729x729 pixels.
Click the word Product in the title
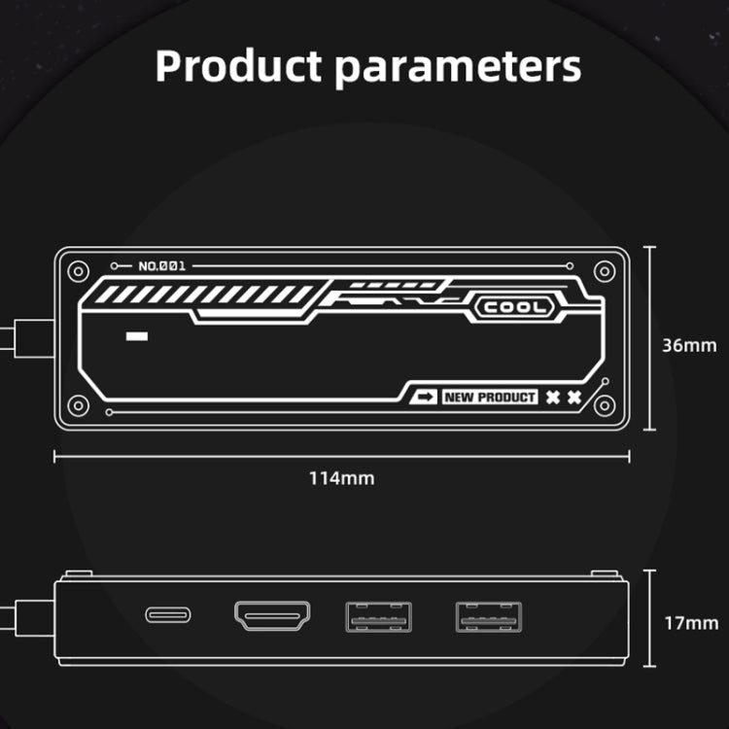click(238, 65)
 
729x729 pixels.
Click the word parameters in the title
click(458, 70)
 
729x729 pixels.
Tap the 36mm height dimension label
click(689, 345)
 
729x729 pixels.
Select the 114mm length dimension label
click(342, 478)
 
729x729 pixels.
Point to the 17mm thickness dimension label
click(691, 623)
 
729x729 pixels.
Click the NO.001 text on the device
click(161, 266)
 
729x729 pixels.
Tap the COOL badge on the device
click(514, 307)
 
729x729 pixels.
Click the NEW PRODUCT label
click(490, 397)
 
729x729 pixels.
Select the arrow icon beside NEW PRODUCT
click(424, 397)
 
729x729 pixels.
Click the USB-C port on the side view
click(168, 615)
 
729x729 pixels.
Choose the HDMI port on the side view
click(272, 615)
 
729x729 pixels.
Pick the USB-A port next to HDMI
click(378, 617)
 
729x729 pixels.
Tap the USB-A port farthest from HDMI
click(489, 617)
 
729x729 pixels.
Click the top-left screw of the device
click(78, 271)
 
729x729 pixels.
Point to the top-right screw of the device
click(605, 271)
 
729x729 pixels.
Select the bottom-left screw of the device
click(78, 405)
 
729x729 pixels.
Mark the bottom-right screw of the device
click(605, 405)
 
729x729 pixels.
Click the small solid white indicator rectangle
click(137, 336)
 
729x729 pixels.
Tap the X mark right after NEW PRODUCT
click(553, 397)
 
